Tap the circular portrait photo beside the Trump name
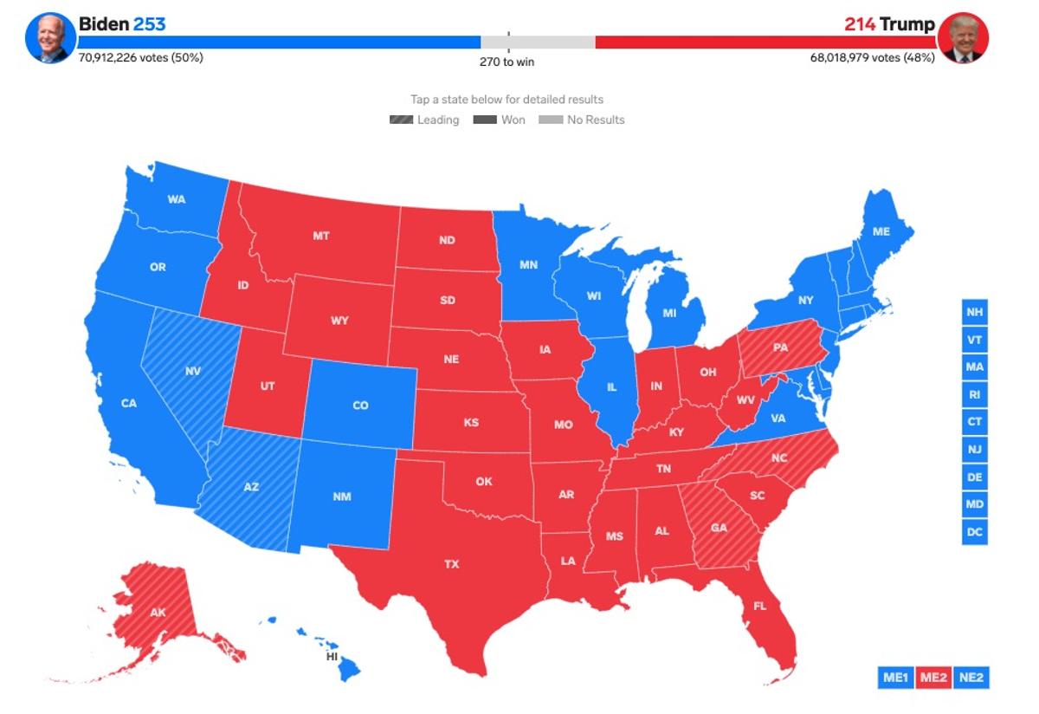click(x=964, y=38)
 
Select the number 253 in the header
click(x=149, y=24)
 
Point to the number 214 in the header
click(x=860, y=24)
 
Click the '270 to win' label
click(x=508, y=62)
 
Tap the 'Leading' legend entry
click(x=425, y=120)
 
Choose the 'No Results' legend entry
click(x=583, y=120)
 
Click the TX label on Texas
click(x=452, y=564)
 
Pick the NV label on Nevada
click(x=193, y=372)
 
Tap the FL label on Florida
click(x=759, y=606)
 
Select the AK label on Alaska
click(x=158, y=613)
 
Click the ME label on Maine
click(x=881, y=232)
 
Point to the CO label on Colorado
click(x=360, y=406)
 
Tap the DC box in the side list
click(x=975, y=532)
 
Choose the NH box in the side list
click(x=975, y=312)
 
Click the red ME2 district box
click(x=933, y=677)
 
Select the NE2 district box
click(x=971, y=677)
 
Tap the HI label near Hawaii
click(x=332, y=656)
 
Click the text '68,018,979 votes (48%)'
click(x=872, y=58)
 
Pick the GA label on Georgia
click(x=719, y=528)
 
